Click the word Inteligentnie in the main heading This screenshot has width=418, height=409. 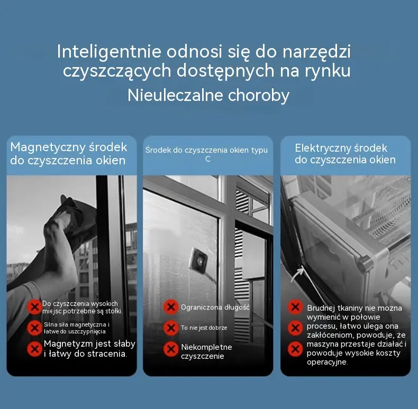click(109, 51)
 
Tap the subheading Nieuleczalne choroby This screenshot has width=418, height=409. click(208, 95)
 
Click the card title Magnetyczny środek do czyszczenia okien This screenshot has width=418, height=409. click(69, 154)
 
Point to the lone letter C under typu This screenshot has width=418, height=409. click(208, 159)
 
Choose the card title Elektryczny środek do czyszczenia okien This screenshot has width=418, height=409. click(345, 154)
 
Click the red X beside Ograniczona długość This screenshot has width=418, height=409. click(171, 307)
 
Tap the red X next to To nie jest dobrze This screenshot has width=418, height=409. click(171, 328)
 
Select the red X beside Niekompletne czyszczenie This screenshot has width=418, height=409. click(171, 349)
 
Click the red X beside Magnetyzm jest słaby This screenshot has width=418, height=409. click(34, 349)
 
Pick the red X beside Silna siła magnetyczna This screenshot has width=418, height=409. click(34, 328)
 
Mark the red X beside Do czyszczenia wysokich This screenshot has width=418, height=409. click(34, 307)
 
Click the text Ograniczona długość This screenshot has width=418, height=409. click(215, 308)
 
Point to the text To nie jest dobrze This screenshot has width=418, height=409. click(204, 328)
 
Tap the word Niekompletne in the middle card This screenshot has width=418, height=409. click(206, 347)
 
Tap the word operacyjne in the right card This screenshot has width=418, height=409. click(328, 362)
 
